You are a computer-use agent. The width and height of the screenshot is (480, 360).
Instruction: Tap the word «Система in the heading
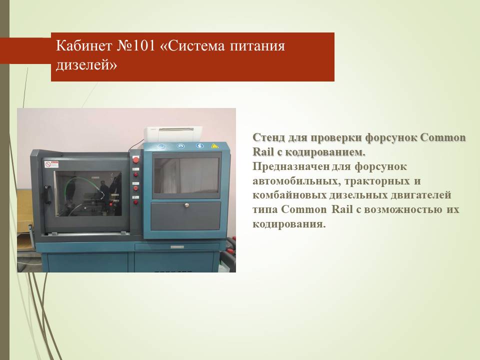[192, 46]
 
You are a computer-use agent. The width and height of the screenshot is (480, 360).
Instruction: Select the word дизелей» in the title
[86, 65]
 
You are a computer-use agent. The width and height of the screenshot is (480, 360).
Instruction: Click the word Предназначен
[291, 167]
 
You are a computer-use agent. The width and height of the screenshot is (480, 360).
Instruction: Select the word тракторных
[377, 181]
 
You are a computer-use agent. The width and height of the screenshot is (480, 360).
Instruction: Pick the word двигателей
[420, 195]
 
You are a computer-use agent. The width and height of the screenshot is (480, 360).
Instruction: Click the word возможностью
[403, 209]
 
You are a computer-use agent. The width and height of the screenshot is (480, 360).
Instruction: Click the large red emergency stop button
[135, 160]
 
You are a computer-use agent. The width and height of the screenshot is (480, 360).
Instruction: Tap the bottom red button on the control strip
[135, 201]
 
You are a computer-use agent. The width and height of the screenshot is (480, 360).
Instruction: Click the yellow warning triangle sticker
[215, 145]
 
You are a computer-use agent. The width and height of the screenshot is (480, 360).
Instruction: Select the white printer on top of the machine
[173, 134]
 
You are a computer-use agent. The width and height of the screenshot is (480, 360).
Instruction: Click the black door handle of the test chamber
[47, 194]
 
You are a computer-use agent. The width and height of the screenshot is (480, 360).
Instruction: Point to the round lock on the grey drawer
[186, 205]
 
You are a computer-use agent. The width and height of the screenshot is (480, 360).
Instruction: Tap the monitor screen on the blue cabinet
[186, 175]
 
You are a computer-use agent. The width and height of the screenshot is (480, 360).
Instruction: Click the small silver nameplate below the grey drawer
[177, 246]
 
